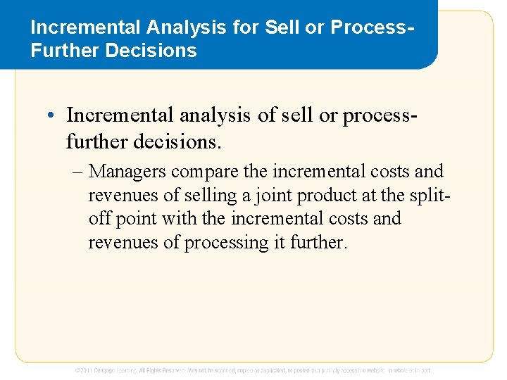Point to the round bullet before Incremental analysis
pos(55,115)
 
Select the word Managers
pos(127,172)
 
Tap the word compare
pos(202,172)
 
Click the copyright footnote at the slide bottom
pos(254,369)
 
